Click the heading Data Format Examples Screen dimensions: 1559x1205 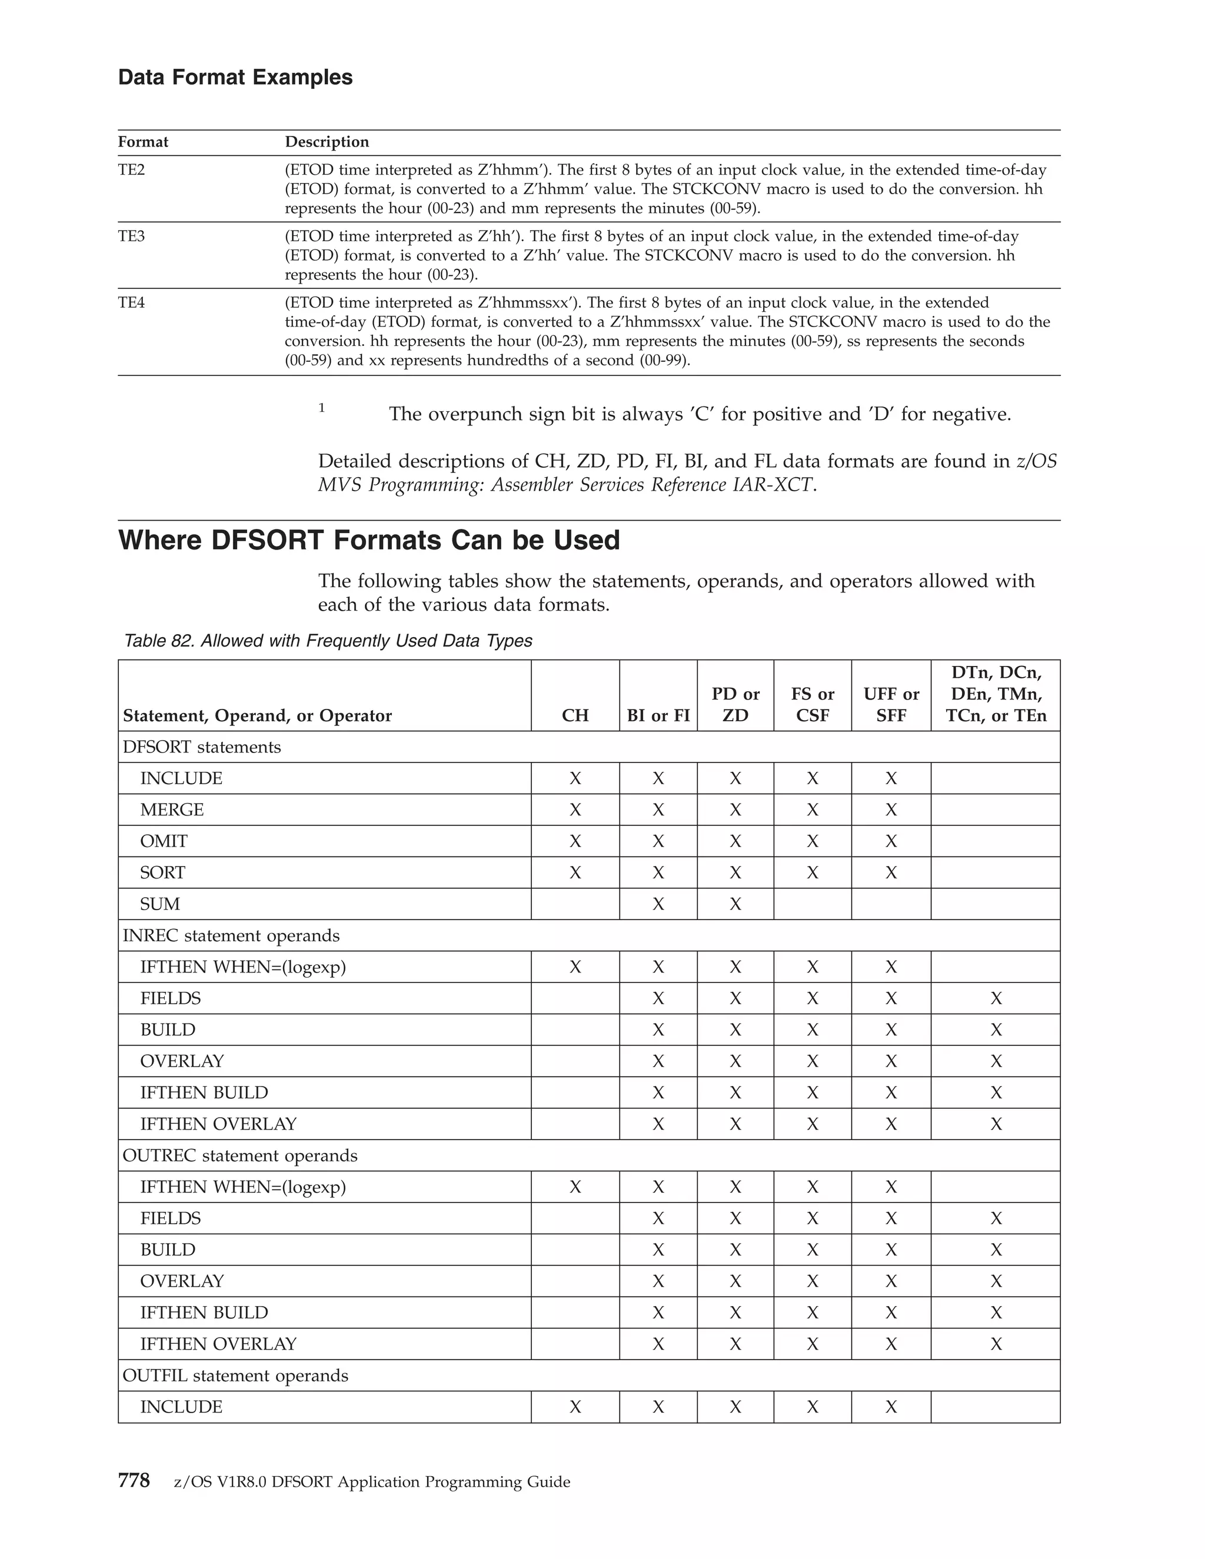click(x=235, y=77)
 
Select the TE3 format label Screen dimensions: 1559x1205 click(x=131, y=236)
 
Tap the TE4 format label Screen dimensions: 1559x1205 click(x=131, y=302)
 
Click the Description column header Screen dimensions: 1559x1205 click(x=327, y=142)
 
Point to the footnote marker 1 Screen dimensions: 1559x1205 click(x=322, y=408)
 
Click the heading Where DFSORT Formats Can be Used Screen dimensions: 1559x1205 click(x=368, y=541)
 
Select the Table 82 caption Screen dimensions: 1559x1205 click(x=328, y=641)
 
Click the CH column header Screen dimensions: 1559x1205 click(x=575, y=715)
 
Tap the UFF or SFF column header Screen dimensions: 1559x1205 click(x=890, y=705)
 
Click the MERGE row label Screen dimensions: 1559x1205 click(x=172, y=810)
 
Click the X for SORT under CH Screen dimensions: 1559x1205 click(x=575, y=873)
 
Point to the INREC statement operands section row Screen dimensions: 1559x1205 click(x=231, y=935)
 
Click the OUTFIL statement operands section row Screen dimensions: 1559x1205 click(x=235, y=1375)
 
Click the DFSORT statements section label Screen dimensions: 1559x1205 click(x=201, y=747)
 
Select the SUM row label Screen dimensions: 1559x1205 click(x=160, y=904)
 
